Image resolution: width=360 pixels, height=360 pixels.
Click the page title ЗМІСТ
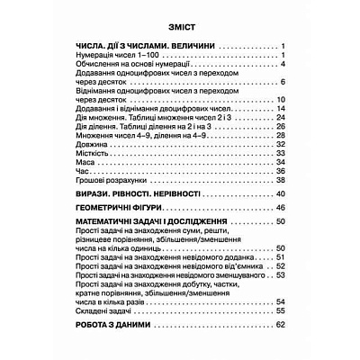point(179,28)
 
